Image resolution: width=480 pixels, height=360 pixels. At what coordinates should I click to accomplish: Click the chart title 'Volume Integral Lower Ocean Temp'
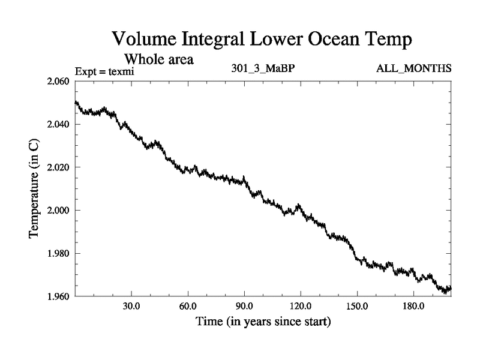[x=262, y=40]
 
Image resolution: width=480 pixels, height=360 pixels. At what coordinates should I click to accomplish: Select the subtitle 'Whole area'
[x=158, y=59]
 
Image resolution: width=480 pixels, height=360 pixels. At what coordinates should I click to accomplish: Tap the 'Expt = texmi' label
[x=104, y=71]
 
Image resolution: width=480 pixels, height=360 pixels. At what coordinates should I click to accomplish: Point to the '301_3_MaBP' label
[x=263, y=68]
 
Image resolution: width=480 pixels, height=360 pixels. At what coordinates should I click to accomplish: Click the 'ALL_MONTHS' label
[x=413, y=68]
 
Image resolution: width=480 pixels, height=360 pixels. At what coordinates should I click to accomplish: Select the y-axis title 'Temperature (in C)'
[x=35, y=189]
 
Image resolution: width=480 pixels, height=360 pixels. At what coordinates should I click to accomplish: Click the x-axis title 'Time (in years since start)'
[x=263, y=322]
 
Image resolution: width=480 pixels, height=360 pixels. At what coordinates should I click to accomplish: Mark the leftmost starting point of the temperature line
[x=76, y=103]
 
